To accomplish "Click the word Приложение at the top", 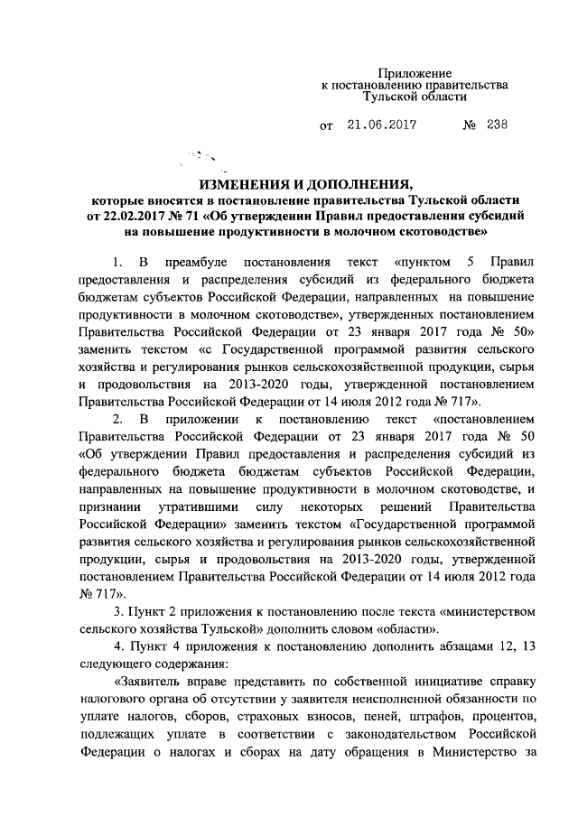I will point(415,72).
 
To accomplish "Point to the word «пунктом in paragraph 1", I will point(422,263).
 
